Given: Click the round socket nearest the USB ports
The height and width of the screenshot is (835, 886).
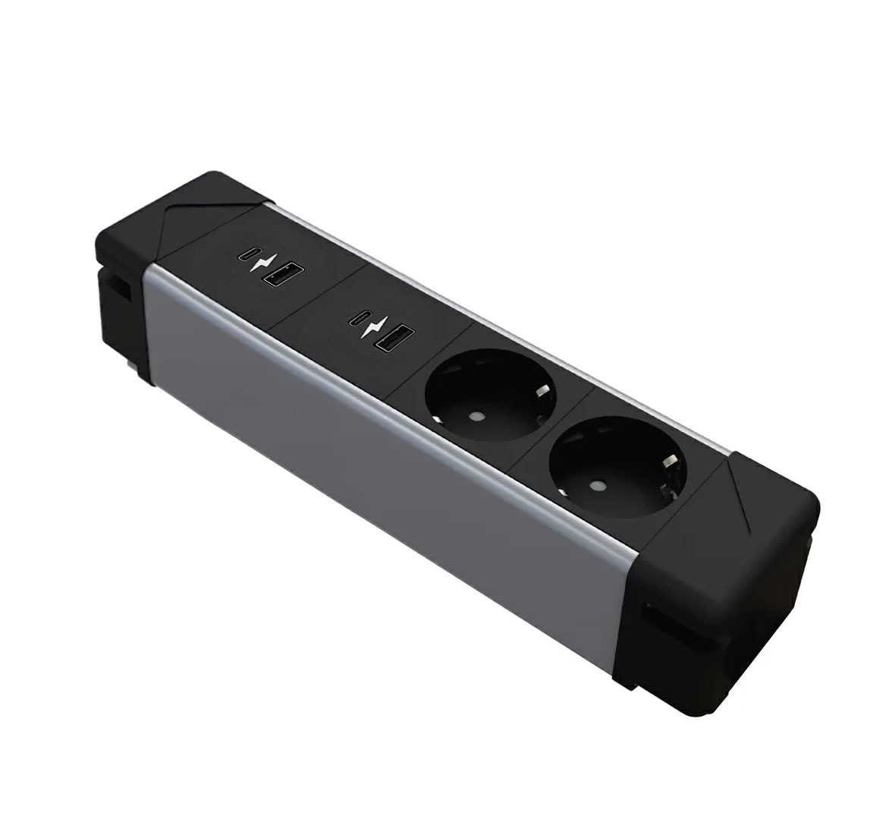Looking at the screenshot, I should tap(491, 394).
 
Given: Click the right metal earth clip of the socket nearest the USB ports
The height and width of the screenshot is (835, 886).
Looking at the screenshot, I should tap(543, 393).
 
